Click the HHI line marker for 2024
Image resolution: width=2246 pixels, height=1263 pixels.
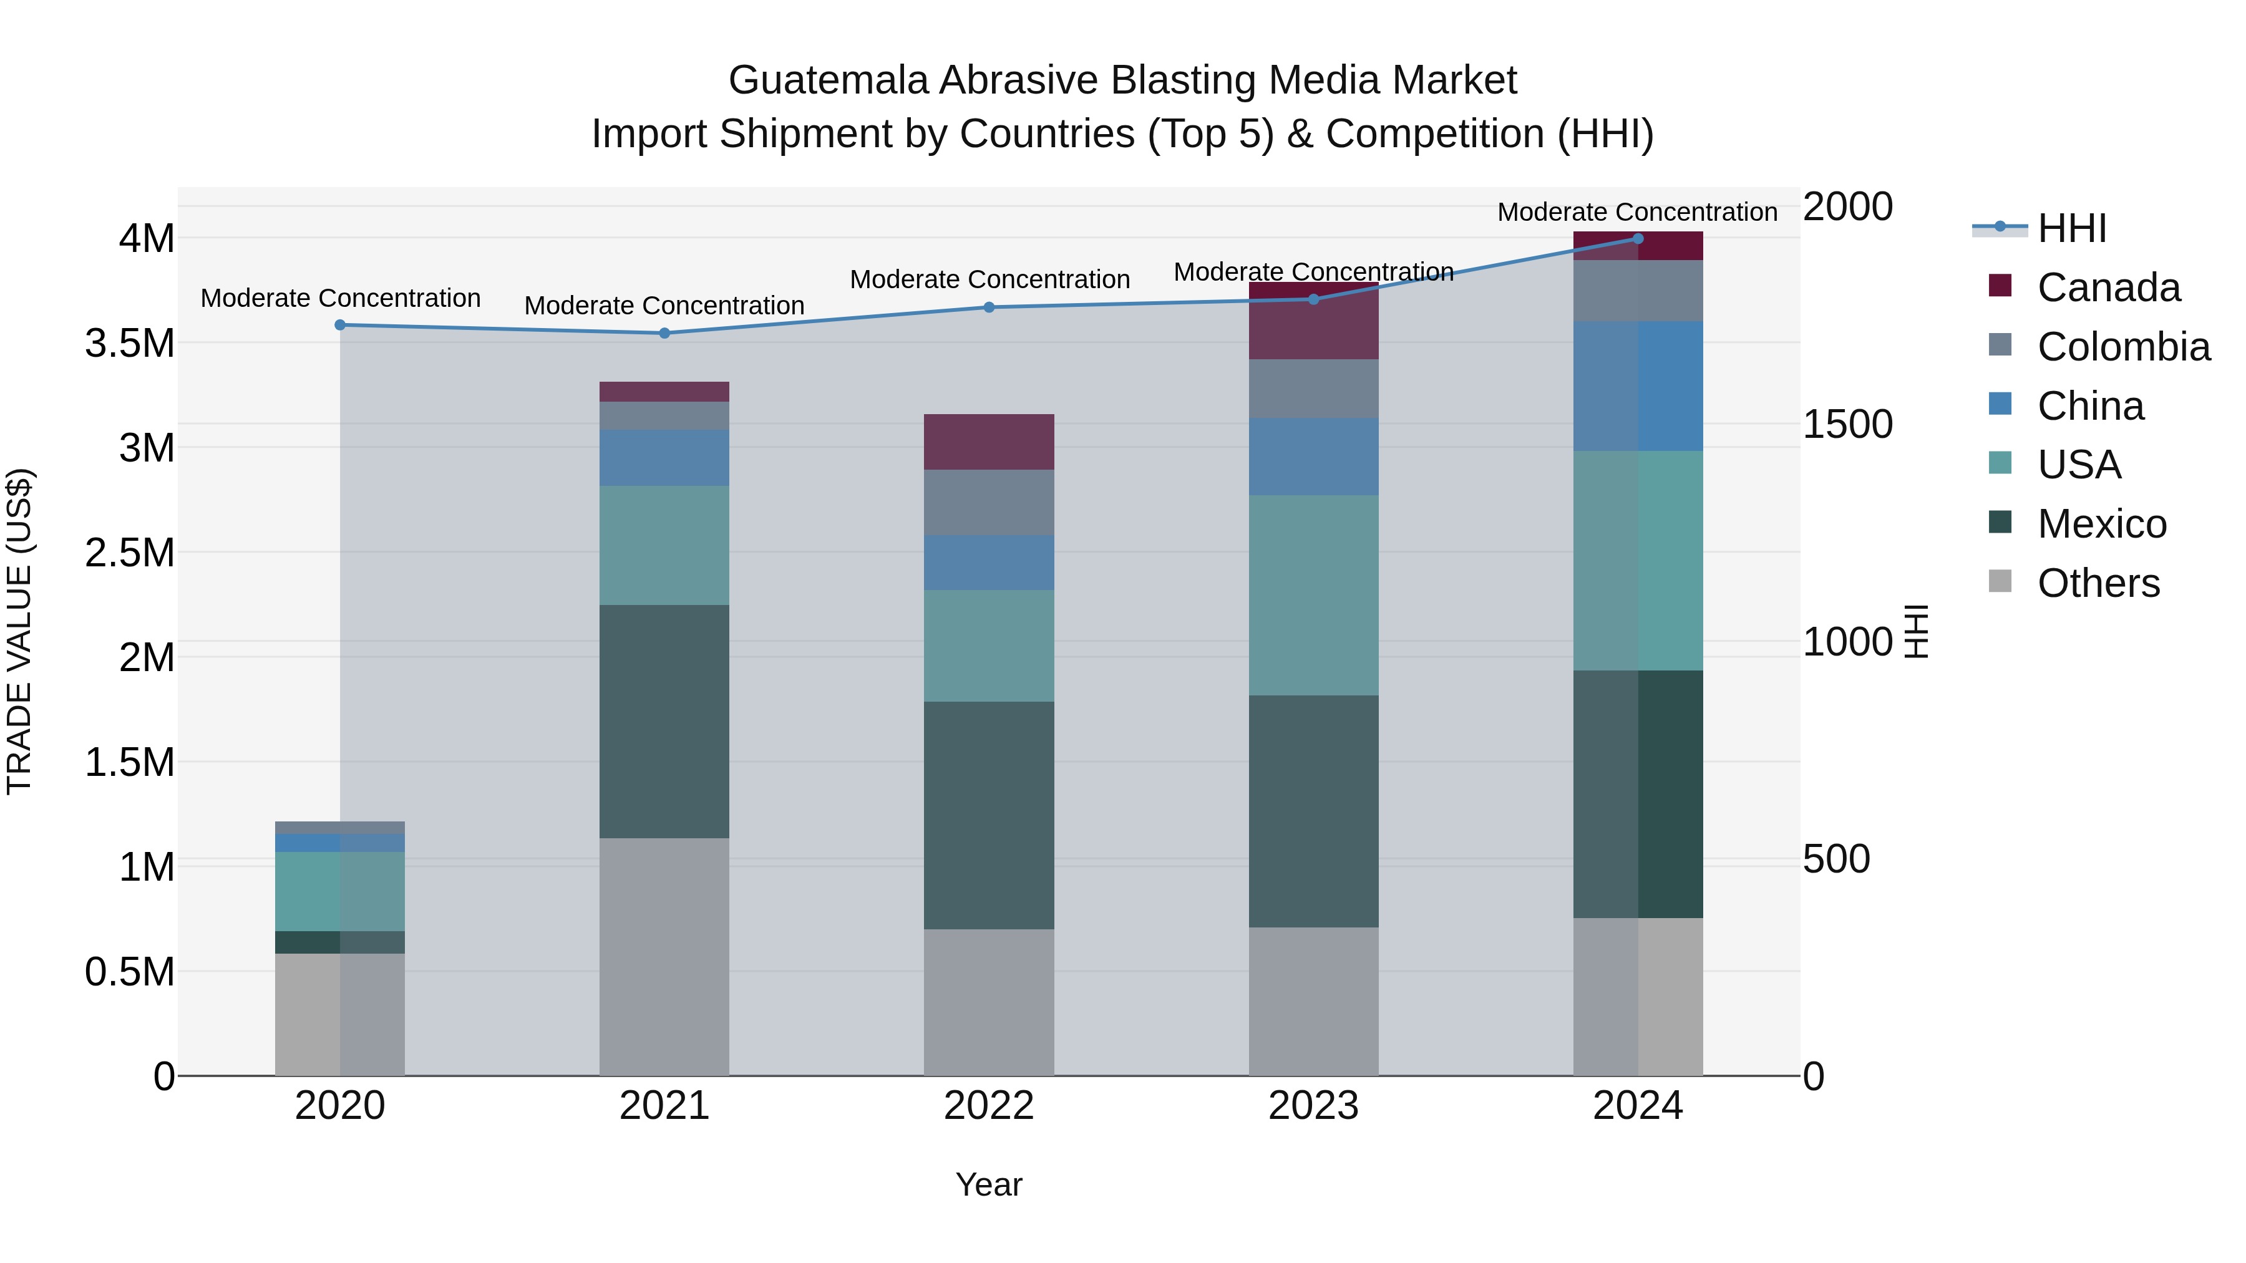[1638, 239]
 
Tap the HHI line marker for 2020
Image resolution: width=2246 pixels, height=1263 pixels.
[340, 325]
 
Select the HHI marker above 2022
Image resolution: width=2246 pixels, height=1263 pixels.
[989, 307]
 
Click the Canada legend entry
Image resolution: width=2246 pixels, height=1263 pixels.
[2107, 287]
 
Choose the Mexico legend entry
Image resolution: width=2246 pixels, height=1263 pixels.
[2101, 524]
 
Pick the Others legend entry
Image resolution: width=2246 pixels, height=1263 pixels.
[2098, 583]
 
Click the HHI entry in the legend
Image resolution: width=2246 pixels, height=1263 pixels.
[2071, 228]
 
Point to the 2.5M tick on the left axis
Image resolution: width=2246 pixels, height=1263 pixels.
[130, 553]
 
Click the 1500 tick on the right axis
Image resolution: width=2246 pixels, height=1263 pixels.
[1847, 425]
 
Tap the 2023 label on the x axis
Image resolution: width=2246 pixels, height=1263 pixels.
[1313, 1106]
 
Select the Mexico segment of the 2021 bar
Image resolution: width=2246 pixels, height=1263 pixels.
[664, 722]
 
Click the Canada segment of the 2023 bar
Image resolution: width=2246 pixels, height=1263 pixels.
[1313, 321]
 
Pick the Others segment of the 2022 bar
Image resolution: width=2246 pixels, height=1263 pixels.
[989, 1002]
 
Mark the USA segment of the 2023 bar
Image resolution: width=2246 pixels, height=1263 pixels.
[1313, 596]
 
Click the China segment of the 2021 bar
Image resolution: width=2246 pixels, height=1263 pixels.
[664, 458]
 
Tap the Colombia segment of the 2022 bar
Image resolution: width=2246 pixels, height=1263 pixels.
[989, 503]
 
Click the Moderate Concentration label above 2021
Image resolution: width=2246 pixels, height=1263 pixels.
[664, 306]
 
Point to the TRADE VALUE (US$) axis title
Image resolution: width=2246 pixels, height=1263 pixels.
[19, 631]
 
